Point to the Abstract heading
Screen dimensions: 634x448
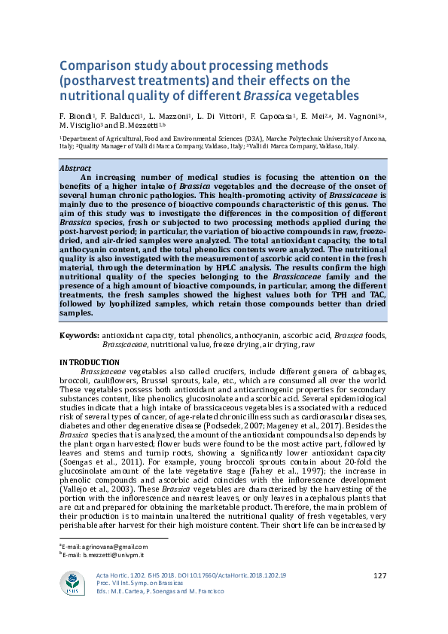tap(75, 168)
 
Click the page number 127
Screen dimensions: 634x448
tap(379, 576)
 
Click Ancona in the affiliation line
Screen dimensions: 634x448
tap(370, 139)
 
